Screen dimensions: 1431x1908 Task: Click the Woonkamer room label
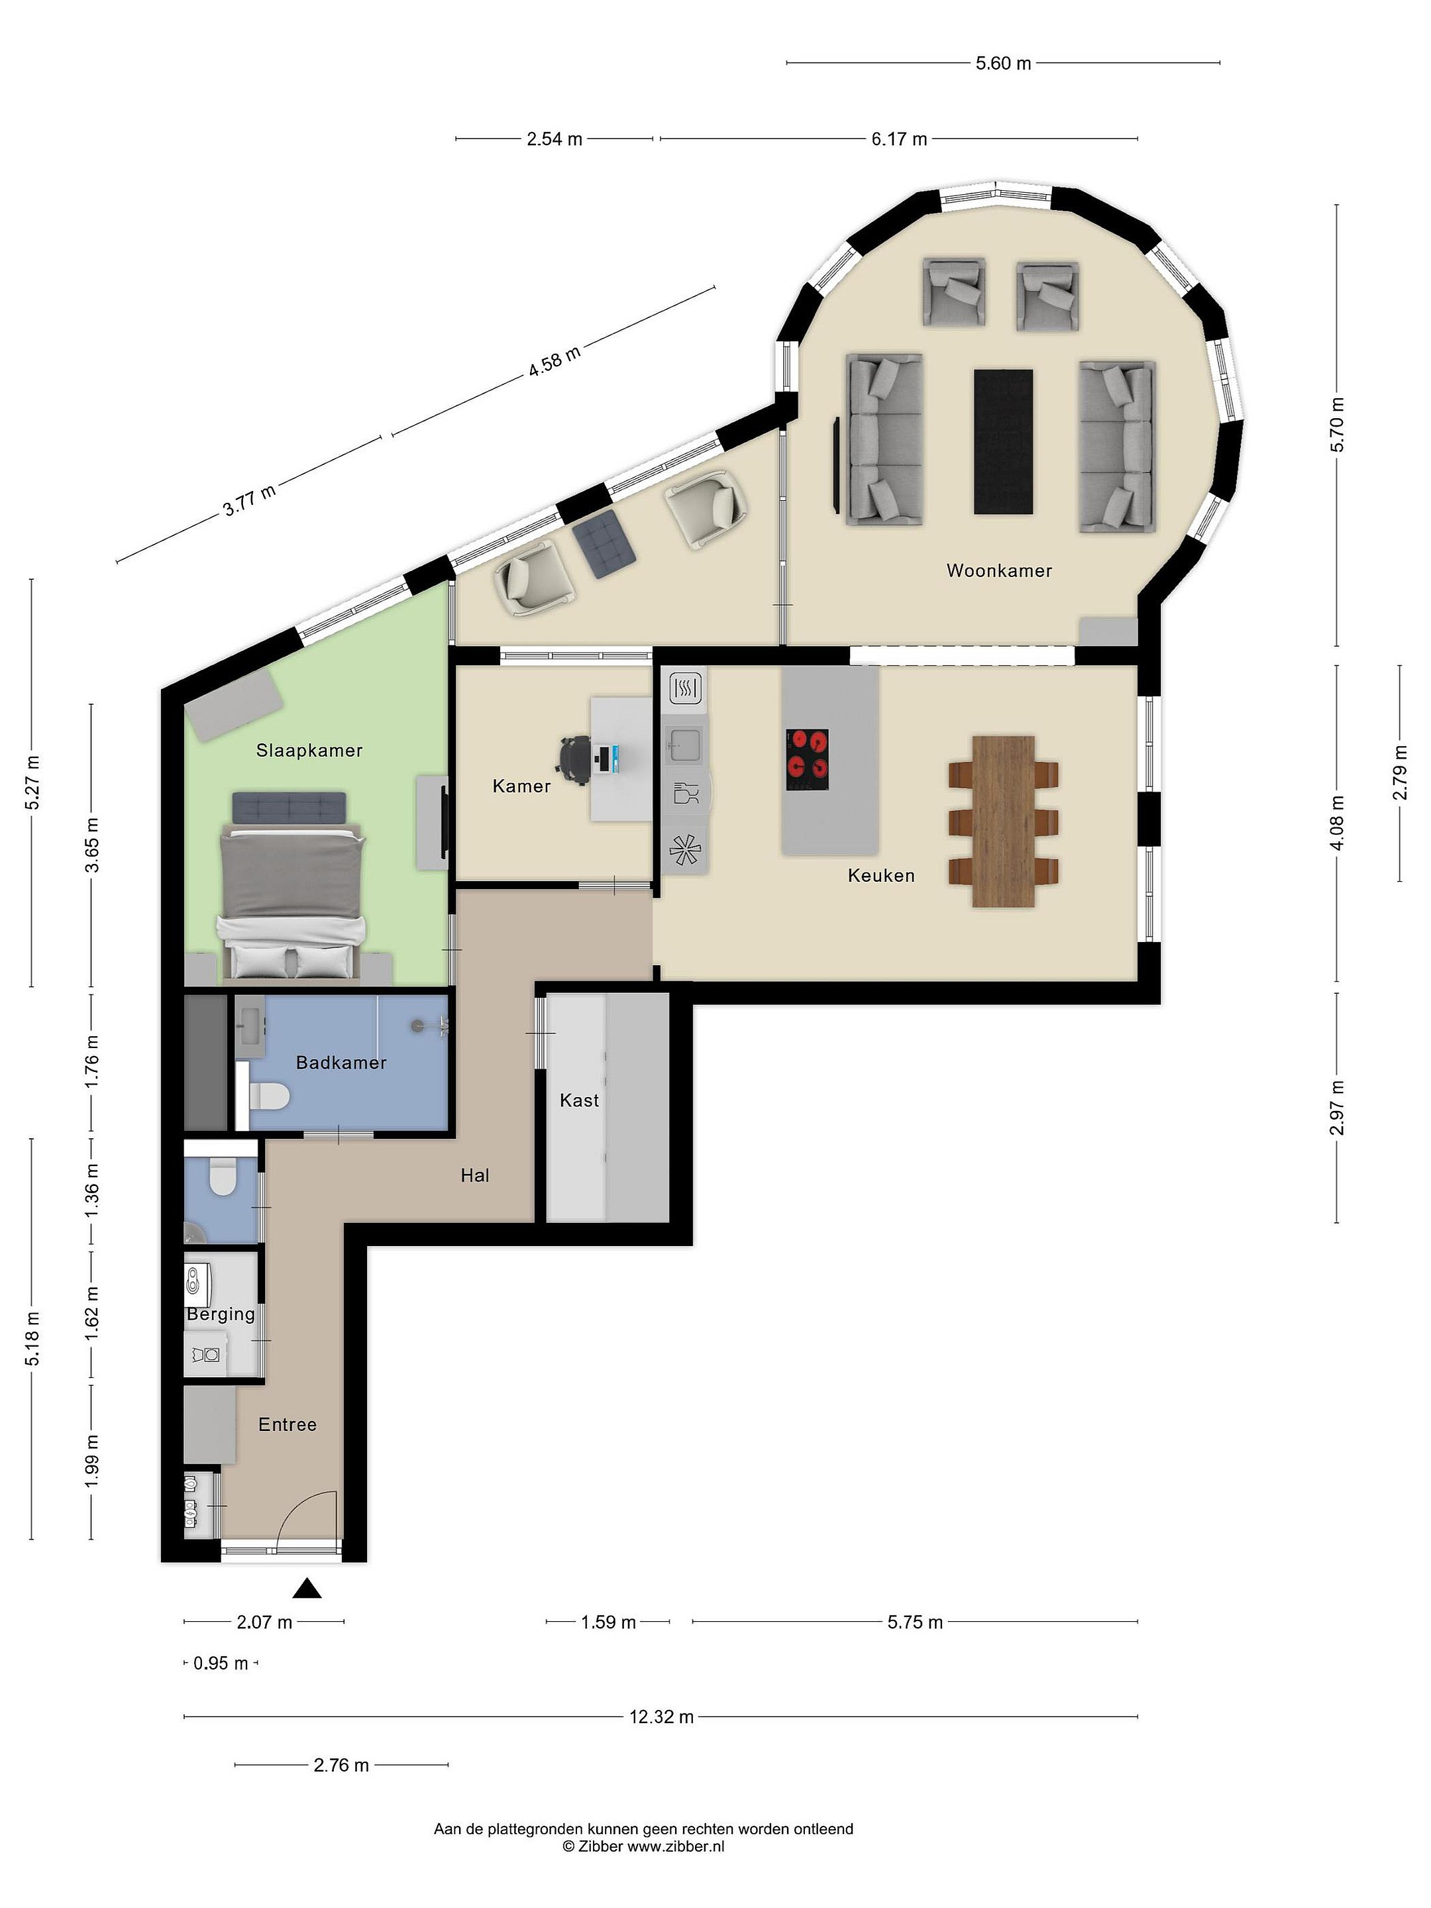pos(999,570)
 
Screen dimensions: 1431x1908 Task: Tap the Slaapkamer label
pos(309,751)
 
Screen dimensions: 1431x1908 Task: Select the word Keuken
pos(880,876)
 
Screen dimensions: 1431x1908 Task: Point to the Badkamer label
pos(341,1063)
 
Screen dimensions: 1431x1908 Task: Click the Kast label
pos(579,1100)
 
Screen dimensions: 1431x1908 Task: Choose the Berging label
pos(221,1314)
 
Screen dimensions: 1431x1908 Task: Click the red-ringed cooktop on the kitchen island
pos(806,759)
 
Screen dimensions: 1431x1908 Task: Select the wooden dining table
pos(1003,821)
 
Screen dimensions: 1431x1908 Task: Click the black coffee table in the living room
pos(1003,442)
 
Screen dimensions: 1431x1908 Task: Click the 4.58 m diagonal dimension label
pos(555,360)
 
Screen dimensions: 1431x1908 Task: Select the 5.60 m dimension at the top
pos(1003,63)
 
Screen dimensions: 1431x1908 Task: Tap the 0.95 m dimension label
pos(221,1663)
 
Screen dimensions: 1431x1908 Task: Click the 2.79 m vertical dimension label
pos(1400,773)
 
